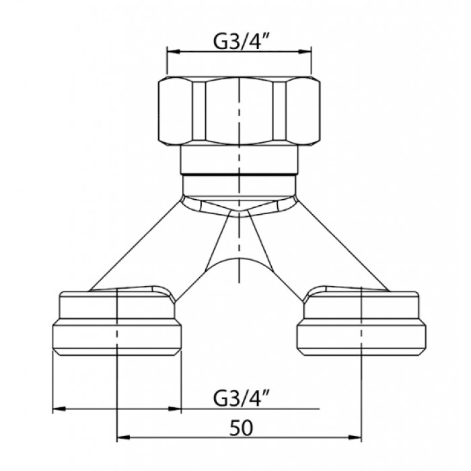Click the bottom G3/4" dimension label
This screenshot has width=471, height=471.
239,398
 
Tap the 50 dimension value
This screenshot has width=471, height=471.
241,428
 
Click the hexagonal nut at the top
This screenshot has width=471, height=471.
239,111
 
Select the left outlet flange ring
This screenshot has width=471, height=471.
117,336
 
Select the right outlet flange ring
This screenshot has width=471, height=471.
361,336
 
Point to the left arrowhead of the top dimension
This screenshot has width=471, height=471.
174,52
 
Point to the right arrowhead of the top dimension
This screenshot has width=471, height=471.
305,52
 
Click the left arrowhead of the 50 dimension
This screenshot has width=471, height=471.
123,437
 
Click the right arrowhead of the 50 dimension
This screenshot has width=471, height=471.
355,437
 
